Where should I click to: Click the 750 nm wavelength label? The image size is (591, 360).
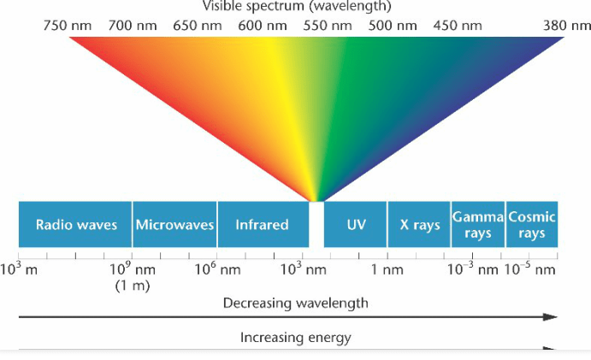point(67,26)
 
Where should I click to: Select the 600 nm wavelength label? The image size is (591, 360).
point(263,26)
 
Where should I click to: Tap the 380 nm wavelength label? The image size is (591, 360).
point(567,26)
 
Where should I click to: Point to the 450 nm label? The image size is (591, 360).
point(458,26)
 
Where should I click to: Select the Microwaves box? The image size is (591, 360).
point(174,225)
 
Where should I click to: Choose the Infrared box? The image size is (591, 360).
point(262,225)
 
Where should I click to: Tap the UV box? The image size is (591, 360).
point(356,225)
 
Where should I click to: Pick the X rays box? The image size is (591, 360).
point(419,225)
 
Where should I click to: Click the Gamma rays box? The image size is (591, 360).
point(478,225)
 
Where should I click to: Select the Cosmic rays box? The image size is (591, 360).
point(532,225)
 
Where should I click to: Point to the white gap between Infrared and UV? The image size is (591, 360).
point(316,225)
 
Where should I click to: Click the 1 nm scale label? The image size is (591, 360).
point(387,270)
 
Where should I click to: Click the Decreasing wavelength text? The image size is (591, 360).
point(296,303)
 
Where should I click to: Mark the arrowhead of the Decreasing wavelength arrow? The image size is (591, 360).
point(553,316)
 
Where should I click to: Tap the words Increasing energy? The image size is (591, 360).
point(295,338)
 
